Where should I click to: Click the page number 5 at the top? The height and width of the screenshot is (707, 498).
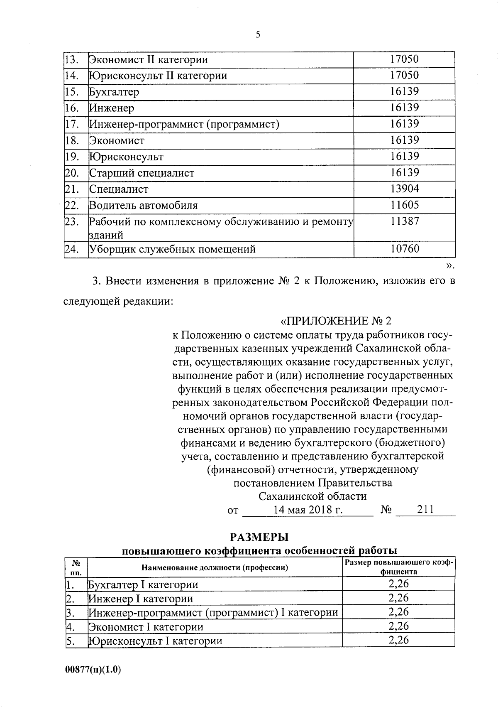pyautogui.click(x=258, y=35)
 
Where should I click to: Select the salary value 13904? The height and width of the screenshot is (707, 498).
pyautogui.click(x=404, y=189)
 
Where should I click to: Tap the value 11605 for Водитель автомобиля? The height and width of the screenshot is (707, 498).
pyautogui.click(x=404, y=205)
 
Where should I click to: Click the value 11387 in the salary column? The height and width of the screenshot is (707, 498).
pyautogui.click(x=404, y=221)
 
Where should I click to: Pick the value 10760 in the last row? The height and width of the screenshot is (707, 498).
pyautogui.click(x=404, y=249)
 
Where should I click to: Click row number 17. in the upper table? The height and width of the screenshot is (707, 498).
pyautogui.click(x=72, y=124)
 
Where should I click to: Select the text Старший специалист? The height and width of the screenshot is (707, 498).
pyautogui.click(x=142, y=173)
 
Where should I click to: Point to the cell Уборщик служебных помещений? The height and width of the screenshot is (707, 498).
pyautogui.click(x=172, y=250)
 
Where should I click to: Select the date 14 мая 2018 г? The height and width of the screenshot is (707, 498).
pyautogui.click(x=308, y=510)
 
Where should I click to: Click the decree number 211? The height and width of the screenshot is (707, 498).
pyautogui.click(x=425, y=510)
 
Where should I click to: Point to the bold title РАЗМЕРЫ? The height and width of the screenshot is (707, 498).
pyautogui.click(x=259, y=538)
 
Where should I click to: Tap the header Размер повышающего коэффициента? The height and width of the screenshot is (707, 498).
pyautogui.click(x=398, y=567)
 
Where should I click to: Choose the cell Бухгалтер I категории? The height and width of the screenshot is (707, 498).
pyautogui.click(x=143, y=585)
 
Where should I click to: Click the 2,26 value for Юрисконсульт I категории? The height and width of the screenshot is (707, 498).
pyautogui.click(x=398, y=640)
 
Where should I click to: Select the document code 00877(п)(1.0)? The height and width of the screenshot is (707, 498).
pyautogui.click(x=93, y=670)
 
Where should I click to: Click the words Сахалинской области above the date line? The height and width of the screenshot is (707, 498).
pyautogui.click(x=312, y=496)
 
